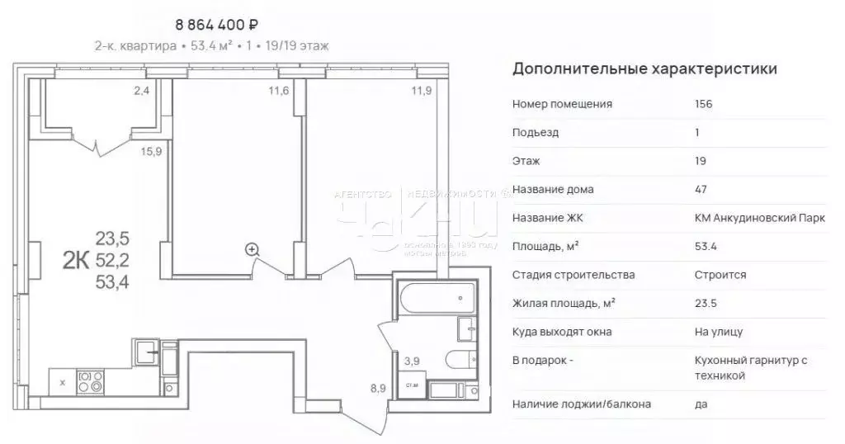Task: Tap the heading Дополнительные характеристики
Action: coord(644,68)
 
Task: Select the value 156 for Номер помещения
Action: coord(704,104)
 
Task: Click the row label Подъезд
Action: coord(536,132)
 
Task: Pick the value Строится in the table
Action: coord(720,275)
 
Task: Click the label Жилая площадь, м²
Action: coord(564,303)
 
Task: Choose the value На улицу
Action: coord(719,332)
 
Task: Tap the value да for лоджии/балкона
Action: coord(701,404)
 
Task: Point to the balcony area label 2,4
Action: coord(142,91)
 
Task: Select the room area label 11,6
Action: coord(279,91)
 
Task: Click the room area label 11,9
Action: coord(422,91)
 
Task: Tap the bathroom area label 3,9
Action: coord(412,359)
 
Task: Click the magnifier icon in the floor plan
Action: coord(252,248)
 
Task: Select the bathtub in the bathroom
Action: coord(436,298)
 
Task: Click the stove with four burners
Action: coord(90,381)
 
